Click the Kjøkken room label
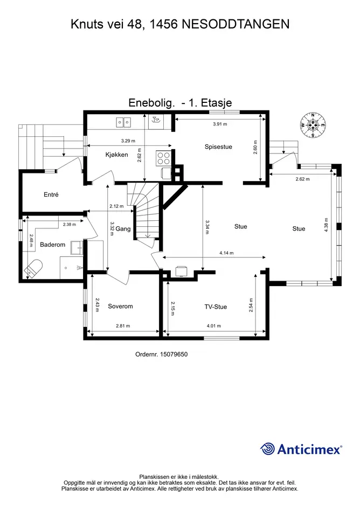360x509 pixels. tap(116, 155)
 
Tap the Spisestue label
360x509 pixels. tap(218, 147)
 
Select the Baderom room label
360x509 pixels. tap(53, 245)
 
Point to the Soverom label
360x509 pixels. tap(120, 306)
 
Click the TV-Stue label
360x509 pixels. tap(216, 307)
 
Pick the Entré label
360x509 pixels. tap(51, 195)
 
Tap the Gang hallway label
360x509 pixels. tap(123, 229)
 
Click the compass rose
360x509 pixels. tap(313, 125)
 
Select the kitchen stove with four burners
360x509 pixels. tap(163, 158)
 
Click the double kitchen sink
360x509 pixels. tap(124, 122)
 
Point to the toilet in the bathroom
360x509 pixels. tap(33, 268)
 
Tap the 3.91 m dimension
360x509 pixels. tap(220, 124)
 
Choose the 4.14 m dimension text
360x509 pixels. tap(226, 253)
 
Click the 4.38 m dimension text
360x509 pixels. tap(326, 225)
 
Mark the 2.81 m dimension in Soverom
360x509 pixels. tap(123, 326)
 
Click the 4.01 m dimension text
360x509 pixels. tap(214, 326)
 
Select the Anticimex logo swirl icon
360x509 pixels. tap(267, 449)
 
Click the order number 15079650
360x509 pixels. tap(174, 354)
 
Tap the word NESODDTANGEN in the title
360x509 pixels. tap(236, 24)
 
